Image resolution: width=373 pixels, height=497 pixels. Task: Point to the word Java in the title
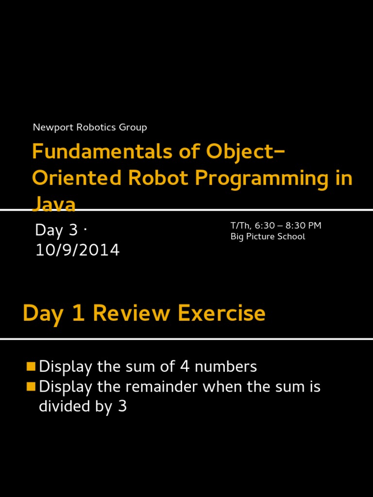[54, 204]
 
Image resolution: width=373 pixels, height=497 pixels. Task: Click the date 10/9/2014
[77, 250]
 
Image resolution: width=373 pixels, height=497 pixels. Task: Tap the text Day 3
[56, 230]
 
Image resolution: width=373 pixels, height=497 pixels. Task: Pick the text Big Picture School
[268, 237]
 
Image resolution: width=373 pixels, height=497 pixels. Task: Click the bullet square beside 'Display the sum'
[31, 366]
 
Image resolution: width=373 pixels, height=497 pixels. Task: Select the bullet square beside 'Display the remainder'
[31, 387]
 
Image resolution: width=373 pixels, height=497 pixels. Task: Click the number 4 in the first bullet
[185, 367]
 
